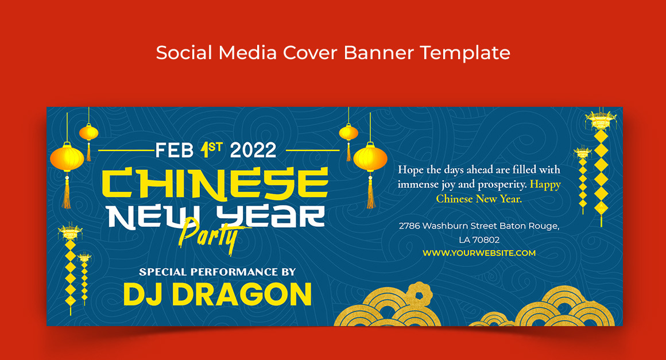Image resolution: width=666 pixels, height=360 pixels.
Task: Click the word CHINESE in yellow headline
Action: click(x=215, y=184)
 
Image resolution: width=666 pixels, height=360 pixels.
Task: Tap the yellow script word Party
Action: click(x=208, y=236)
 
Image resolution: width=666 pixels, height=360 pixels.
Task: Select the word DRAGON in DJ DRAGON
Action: click(x=242, y=294)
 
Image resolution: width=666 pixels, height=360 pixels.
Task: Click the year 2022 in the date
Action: click(x=253, y=150)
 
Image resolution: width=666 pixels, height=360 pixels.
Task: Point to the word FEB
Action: click(x=174, y=150)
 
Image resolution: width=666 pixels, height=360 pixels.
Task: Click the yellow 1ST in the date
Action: click(x=211, y=149)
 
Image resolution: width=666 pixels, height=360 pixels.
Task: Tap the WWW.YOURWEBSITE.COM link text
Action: click(x=479, y=253)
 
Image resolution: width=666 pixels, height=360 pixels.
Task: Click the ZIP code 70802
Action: click(x=486, y=240)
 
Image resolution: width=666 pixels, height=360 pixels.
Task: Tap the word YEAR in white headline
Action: click(x=270, y=217)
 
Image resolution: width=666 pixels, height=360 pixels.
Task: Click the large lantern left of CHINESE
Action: click(x=67, y=158)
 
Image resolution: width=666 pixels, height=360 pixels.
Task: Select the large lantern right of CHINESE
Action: click(x=370, y=158)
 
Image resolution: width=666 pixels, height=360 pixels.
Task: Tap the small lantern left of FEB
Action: click(x=89, y=133)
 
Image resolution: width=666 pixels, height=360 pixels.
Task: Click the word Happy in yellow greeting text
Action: click(x=545, y=184)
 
